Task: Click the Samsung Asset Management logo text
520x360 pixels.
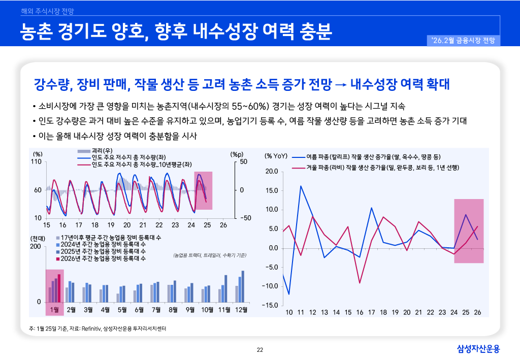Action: tap(478, 349)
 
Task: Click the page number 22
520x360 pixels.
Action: tap(260, 349)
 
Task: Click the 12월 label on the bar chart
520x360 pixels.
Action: tap(241, 309)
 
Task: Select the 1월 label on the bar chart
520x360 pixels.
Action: tap(55, 309)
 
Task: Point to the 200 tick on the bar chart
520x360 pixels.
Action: tap(36, 247)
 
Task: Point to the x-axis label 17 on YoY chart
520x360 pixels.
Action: tap(371, 312)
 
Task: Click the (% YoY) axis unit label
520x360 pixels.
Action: tap(276, 155)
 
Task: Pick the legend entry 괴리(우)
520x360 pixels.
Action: tap(101, 151)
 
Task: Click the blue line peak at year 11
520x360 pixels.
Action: tap(301, 186)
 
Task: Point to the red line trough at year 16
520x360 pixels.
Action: tap(360, 283)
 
